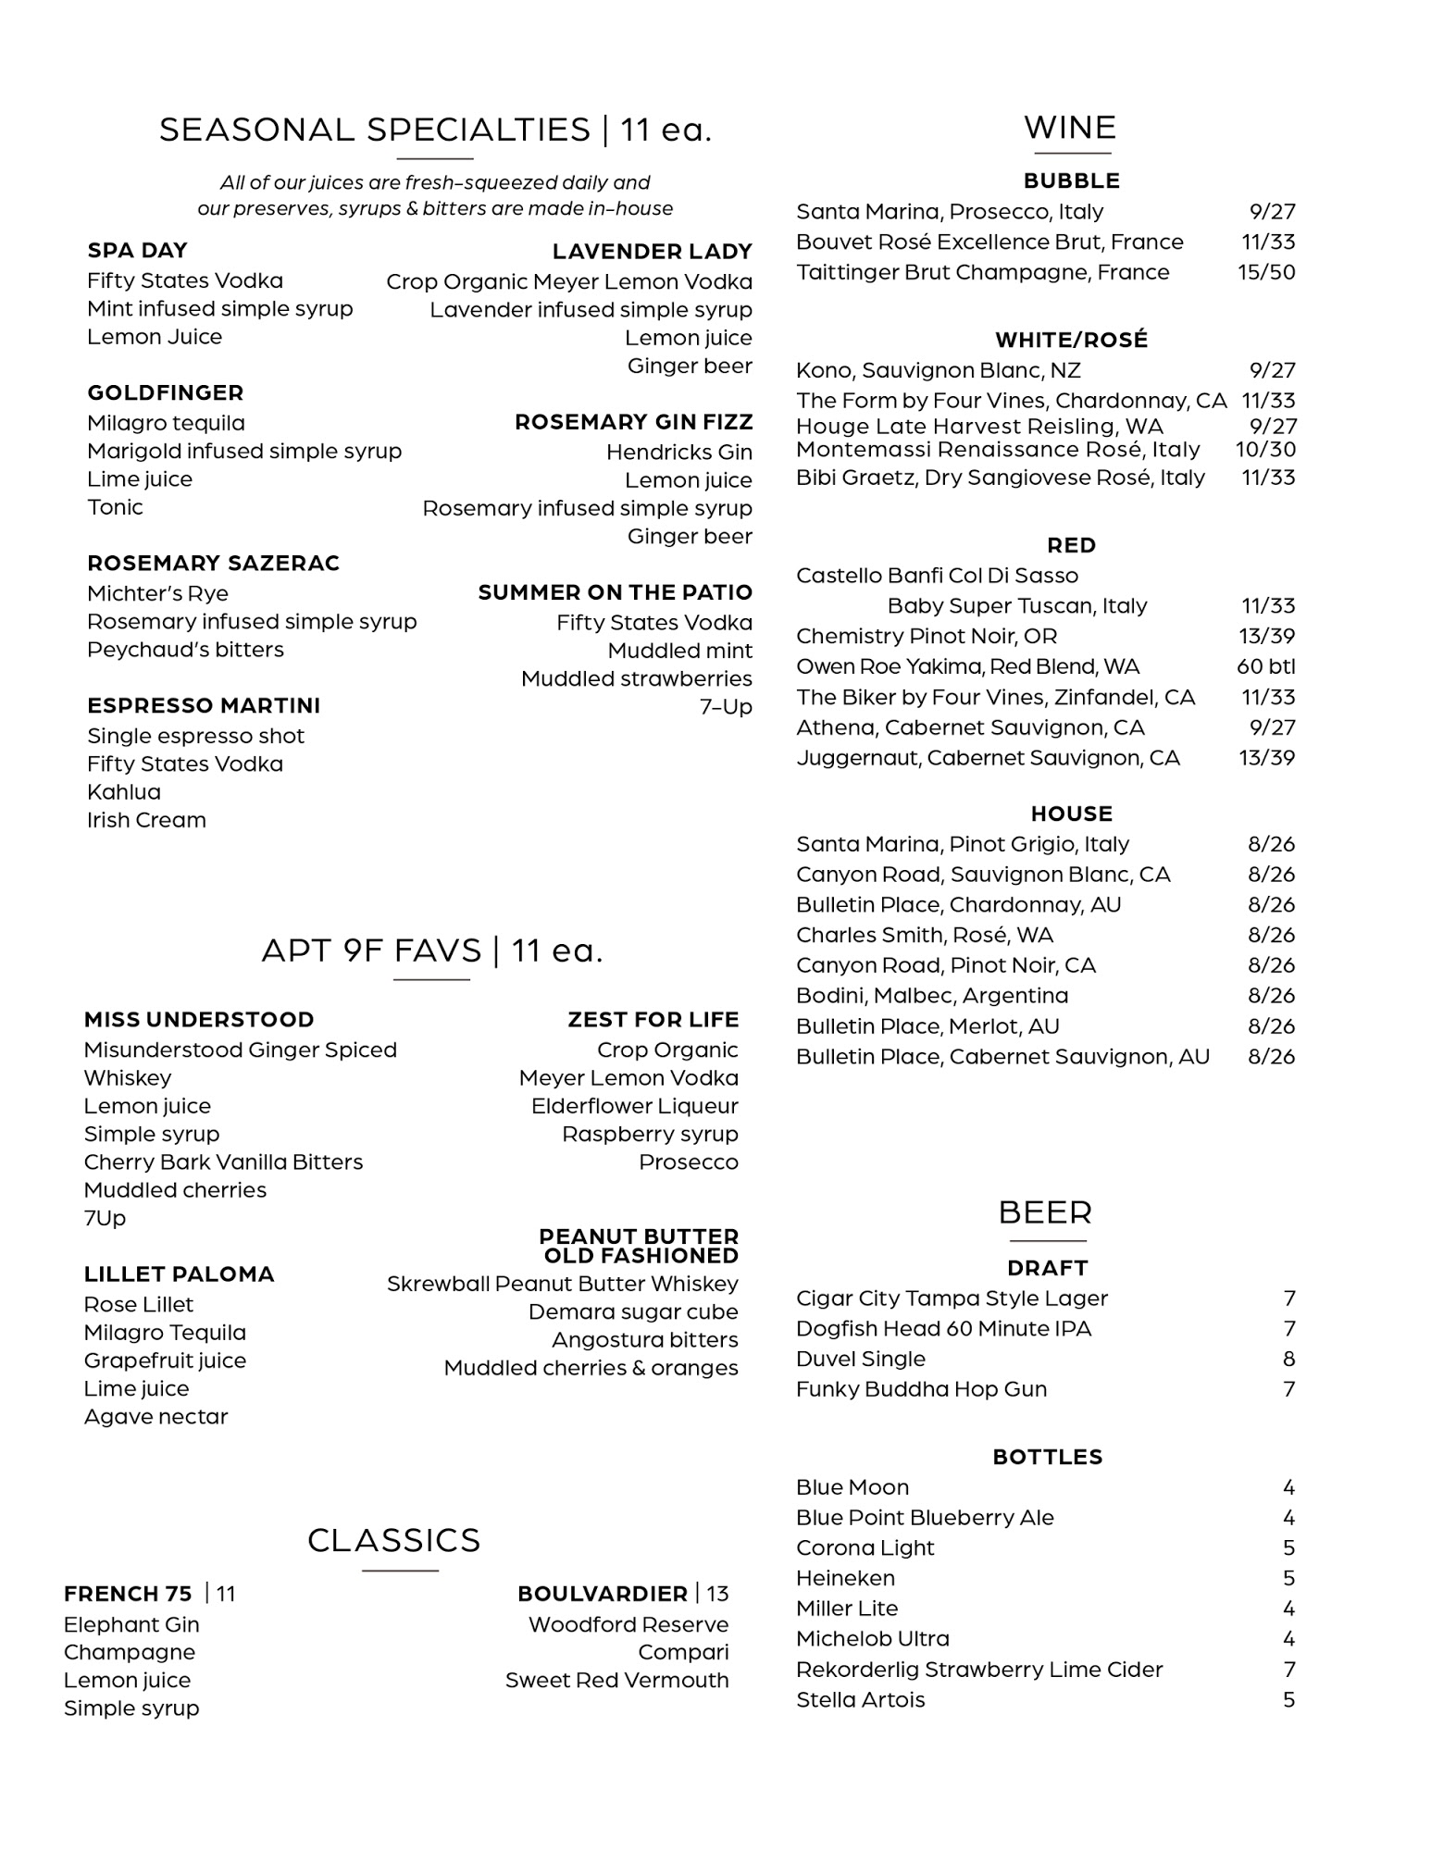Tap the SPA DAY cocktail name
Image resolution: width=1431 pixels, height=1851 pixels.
click(137, 251)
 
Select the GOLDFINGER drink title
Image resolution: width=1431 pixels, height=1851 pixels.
click(165, 393)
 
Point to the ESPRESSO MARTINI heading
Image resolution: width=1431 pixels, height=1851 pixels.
click(204, 706)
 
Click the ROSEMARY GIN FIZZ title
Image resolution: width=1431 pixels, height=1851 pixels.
click(633, 423)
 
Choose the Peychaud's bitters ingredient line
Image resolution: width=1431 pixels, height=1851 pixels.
click(185, 650)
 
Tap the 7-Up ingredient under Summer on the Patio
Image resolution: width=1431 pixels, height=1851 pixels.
click(726, 707)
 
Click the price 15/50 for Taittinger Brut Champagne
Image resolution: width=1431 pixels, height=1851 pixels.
click(1265, 273)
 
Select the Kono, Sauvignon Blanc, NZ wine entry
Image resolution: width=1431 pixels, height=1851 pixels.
click(938, 371)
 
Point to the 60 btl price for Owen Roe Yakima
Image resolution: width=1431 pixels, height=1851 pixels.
click(1265, 667)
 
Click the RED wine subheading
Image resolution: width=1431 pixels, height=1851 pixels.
click(1071, 546)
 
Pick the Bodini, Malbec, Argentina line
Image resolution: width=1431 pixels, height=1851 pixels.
click(931, 996)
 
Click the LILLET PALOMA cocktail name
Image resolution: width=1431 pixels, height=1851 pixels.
click(179, 1274)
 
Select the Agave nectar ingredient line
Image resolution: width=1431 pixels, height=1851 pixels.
click(156, 1417)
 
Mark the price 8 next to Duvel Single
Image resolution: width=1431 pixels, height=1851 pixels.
click(1288, 1360)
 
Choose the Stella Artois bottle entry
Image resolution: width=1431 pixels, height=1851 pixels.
click(860, 1700)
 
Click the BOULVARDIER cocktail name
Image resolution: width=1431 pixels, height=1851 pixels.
click(602, 1594)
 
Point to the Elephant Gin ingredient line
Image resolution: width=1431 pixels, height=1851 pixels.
click(131, 1625)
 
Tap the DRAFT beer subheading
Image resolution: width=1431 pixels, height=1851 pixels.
click(1047, 1268)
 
